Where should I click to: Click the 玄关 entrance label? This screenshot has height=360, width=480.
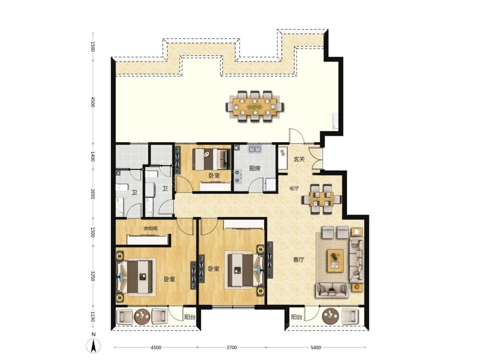tap(299, 159)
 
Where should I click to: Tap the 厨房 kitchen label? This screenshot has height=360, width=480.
tap(255, 168)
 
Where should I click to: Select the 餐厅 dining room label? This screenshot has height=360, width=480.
tap(294, 188)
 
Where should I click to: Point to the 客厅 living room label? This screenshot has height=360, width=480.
tap(299, 260)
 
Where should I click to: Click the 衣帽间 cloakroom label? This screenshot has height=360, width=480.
tap(151, 228)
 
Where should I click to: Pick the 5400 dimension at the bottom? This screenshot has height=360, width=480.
tap(316, 348)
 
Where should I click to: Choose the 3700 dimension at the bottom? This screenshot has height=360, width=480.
tap(231, 348)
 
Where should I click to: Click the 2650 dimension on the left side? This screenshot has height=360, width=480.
tap(93, 193)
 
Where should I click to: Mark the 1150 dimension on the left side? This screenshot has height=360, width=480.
tap(93, 317)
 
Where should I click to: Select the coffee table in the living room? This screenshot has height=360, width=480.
tap(335, 261)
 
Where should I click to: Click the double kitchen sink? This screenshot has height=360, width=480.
tap(255, 149)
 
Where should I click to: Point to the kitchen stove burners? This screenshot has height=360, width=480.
tap(237, 176)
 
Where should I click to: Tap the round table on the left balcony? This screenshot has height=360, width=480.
tap(143, 316)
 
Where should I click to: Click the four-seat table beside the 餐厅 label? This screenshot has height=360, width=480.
tap(321, 199)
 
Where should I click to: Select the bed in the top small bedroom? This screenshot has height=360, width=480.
tap(212, 159)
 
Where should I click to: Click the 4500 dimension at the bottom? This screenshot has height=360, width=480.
tap(156, 348)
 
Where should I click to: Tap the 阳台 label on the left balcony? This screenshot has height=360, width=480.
tap(190, 317)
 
